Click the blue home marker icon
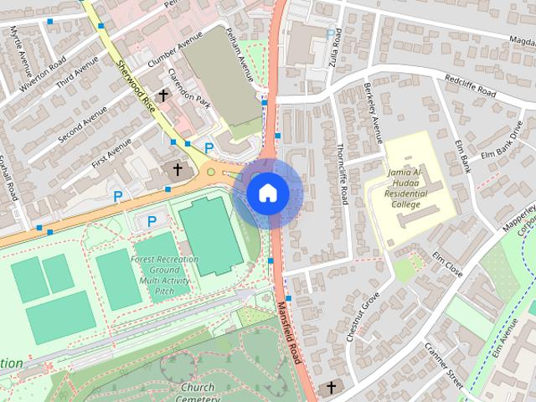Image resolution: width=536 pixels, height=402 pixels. (x=267, y=193)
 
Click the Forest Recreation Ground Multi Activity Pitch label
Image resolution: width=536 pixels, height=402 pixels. (x=164, y=276)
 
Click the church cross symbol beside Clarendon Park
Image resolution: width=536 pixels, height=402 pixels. (x=165, y=97)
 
